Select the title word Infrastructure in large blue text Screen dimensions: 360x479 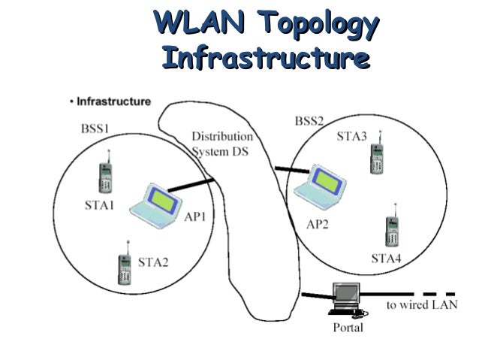(266, 57)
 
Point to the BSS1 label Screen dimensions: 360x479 (95, 129)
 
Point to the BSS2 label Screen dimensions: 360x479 (309, 120)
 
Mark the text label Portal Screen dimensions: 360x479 (348, 328)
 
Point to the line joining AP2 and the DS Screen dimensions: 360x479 (289, 171)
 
